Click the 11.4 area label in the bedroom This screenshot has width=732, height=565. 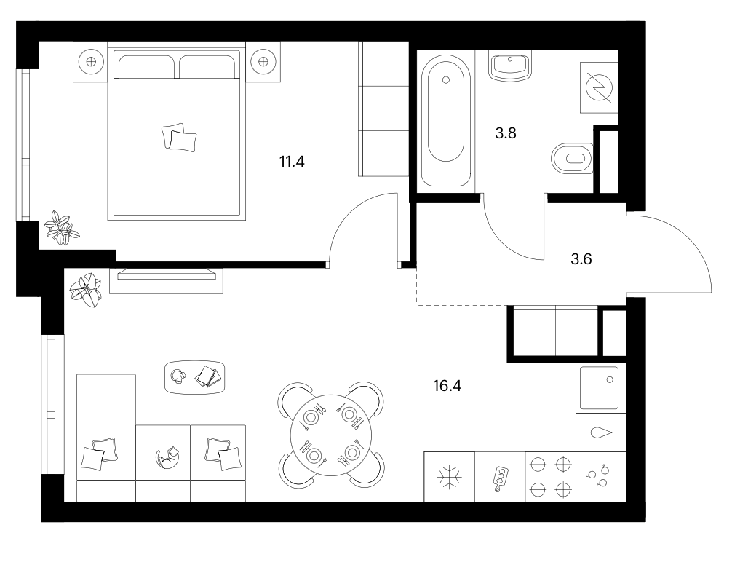292,162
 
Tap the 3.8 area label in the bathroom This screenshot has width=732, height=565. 506,133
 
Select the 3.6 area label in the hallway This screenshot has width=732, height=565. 581,258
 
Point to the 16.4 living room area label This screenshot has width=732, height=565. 447,386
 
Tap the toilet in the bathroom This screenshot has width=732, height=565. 573,158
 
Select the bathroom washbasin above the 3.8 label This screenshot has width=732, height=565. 510,66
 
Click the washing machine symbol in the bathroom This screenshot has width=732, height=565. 599,87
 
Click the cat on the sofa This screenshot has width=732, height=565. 168,457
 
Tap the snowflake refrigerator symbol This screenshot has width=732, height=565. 449,477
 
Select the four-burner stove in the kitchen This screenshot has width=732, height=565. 550,477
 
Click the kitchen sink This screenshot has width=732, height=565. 600,388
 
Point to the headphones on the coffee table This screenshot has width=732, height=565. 178,376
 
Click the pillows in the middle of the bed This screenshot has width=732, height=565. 179,138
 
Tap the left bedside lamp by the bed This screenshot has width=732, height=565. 90,62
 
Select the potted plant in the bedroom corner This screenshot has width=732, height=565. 61,227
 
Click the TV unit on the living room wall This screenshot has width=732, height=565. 166,280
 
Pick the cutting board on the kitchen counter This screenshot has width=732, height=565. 500,478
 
